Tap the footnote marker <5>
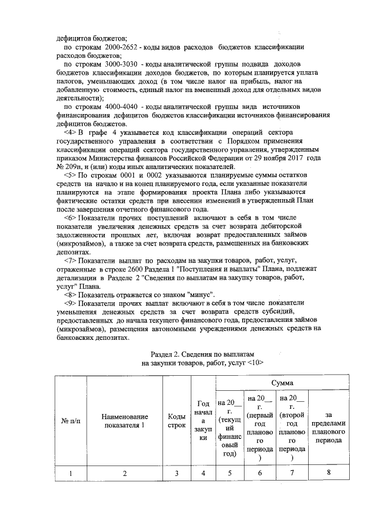click(71, 174)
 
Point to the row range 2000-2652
click(114, 46)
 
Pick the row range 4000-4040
click(114, 107)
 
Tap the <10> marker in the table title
click(254, 362)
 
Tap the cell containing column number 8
click(328, 473)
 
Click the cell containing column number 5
click(230, 473)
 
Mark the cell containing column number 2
click(125, 473)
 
